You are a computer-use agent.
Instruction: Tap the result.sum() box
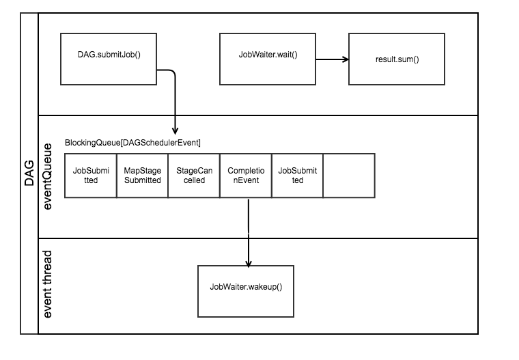(x=397, y=59)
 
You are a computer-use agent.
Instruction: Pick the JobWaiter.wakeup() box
(x=246, y=291)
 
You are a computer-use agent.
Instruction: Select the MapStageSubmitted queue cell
(x=142, y=176)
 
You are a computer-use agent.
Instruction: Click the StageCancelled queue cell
(x=194, y=176)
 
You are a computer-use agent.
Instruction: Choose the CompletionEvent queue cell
(x=246, y=176)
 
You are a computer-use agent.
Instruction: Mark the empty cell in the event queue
(x=349, y=176)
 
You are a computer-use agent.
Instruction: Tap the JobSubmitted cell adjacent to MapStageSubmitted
(x=90, y=176)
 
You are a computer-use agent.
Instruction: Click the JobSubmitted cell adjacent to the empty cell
(x=298, y=176)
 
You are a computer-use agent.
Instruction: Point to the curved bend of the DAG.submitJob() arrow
(x=172, y=72)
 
